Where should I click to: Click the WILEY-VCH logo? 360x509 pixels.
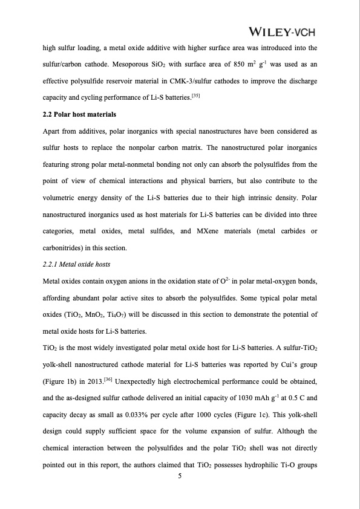283,31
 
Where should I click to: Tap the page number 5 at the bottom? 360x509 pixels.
180,476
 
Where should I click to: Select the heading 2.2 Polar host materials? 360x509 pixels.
79,114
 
